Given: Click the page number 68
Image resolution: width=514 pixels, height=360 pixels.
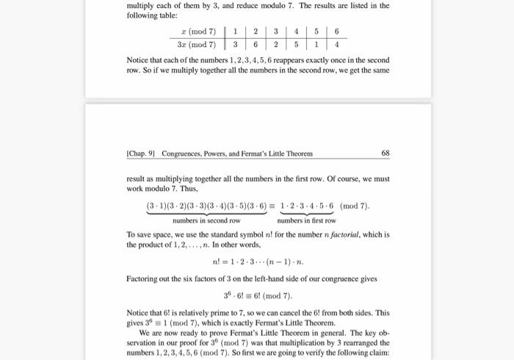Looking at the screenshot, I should tap(385, 154).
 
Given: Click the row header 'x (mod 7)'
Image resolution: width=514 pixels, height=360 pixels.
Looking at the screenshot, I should tap(198, 32).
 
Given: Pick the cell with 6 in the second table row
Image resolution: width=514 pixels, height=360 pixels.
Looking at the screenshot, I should tap(255, 43).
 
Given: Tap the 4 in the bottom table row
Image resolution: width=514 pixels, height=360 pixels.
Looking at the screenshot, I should tap(336, 43).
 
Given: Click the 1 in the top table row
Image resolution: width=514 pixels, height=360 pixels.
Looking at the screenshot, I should tap(234, 32).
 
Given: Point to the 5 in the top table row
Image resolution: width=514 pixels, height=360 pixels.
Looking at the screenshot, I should tap(316, 32).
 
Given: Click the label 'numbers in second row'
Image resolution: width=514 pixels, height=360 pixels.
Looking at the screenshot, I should tap(206, 220).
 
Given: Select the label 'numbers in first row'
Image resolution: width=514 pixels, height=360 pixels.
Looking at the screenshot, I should tap(306, 220).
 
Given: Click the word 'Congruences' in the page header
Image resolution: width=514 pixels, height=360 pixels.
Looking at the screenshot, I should tap(187, 154).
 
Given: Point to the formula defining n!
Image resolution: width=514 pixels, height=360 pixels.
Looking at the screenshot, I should tap(257, 261).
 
